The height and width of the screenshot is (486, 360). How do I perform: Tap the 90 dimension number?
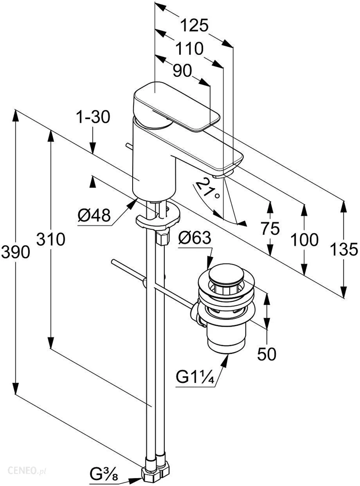click(182, 71)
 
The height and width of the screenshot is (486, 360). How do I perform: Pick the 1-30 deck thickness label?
click(93, 117)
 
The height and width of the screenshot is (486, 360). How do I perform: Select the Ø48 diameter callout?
click(94, 214)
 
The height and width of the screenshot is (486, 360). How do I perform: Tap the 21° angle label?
click(207, 187)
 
